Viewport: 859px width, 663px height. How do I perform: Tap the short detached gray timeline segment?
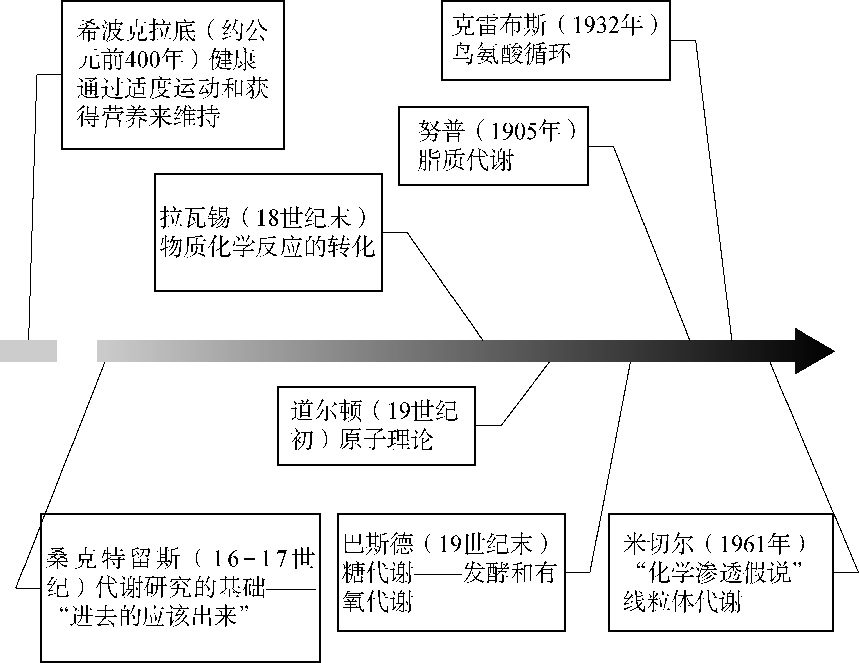click(x=28, y=351)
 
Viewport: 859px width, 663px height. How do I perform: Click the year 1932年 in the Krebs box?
click(x=608, y=25)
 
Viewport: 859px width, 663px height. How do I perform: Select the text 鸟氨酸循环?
click(x=511, y=54)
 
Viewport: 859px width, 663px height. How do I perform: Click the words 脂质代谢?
click(x=465, y=160)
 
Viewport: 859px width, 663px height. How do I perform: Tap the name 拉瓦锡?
click(x=195, y=218)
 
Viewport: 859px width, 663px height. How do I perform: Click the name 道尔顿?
click(x=327, y=411)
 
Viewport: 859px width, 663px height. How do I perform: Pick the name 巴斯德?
click(x=378, y=544)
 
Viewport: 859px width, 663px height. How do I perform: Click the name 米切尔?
click(x=658, y=544)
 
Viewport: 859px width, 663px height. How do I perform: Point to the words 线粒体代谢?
click(x=682, y=602)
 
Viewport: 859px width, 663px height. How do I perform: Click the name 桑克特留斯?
click(x=113, y=558)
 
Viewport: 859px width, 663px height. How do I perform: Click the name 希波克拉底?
click(x=136, y=31)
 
